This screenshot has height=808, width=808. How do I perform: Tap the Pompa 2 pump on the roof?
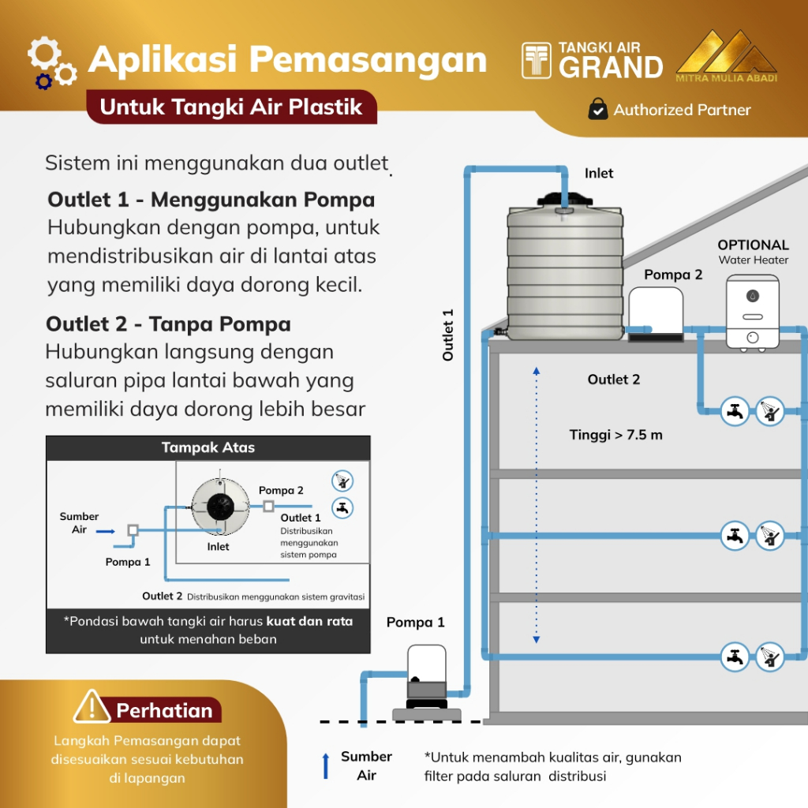pyautogui.click(x=656, y=313)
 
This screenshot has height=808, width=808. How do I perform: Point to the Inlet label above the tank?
pyautogui.click(x=599, y=173)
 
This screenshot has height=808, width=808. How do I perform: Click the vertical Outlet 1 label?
pyautogui.click(x=448, y=335)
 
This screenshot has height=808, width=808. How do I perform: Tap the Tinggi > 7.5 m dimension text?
pyautogui.click(x=615, y=435)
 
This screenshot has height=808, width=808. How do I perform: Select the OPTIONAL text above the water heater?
pyautogui.click(x=753, y=245)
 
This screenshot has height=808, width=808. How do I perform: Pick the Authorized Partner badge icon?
pyautogui.click(x=598, y=110)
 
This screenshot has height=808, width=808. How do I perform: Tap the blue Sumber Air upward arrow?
pyautogui.click(x=325, y=766)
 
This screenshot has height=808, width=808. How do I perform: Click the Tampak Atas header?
pyautogui.click(x=208, y=447)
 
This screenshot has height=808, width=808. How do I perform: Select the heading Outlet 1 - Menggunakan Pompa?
pyautogui.click(x=211, y=199)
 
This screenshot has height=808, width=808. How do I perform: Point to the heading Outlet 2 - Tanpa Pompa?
pyautogui.click(x=168, y=324)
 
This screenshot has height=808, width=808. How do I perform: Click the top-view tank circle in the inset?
pyautogui.click(x=220, y=508)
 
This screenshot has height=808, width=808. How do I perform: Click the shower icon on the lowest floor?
pyautogui.click(x=770, y=656)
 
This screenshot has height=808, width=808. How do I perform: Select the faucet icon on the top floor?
pyautogui.click(x=735, y=410)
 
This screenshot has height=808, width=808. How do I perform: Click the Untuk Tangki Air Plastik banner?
pyautogui.click(x=230, y=107)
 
